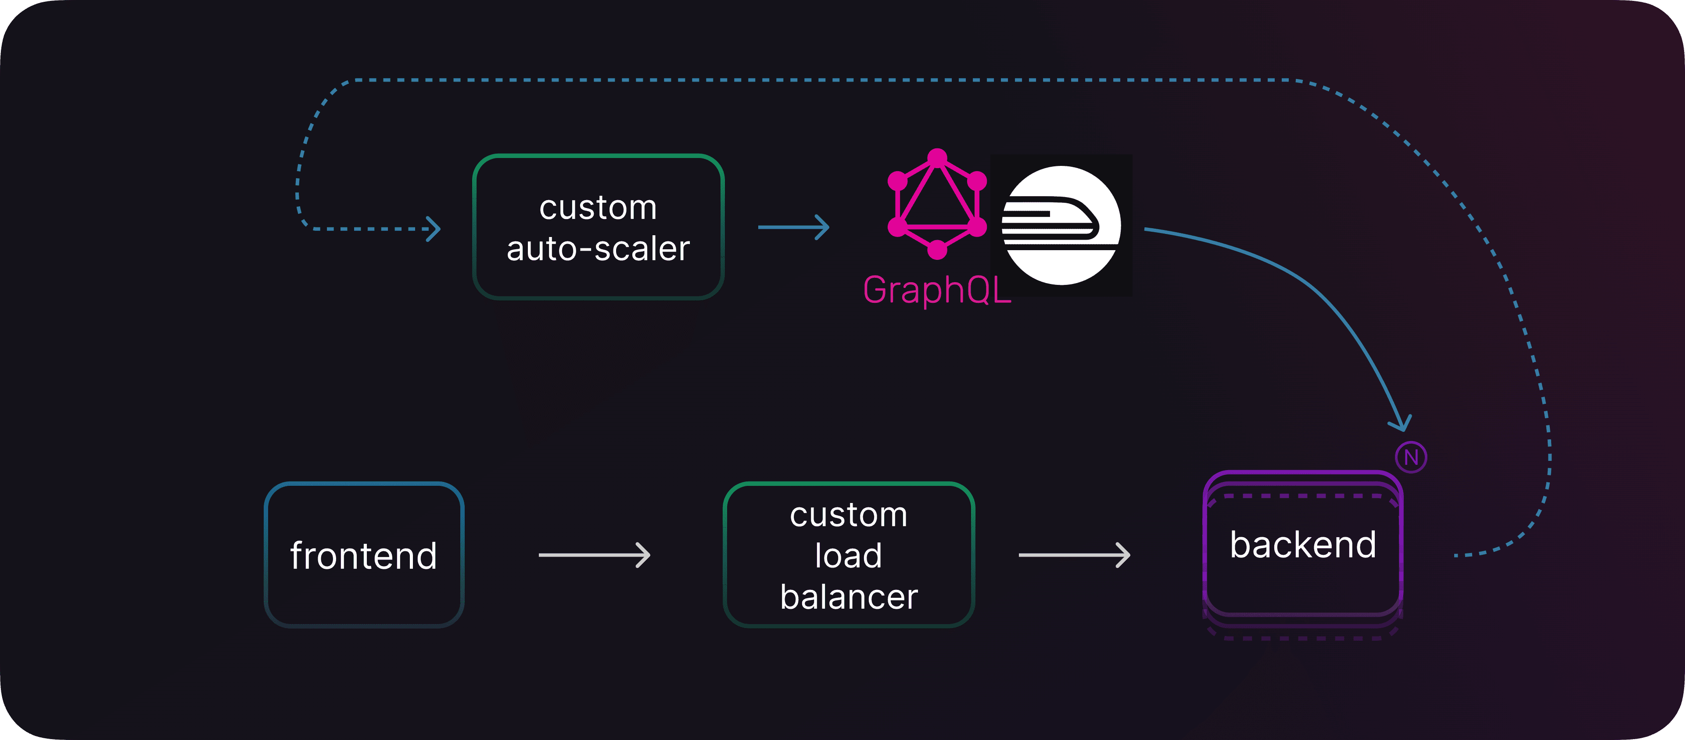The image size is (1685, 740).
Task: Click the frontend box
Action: pyautogui.click(x=364, y=555)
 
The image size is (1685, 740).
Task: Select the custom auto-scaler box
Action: pyautogui.click(x=598, y=227)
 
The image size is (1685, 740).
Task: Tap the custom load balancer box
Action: pyautogui.click(x=848, y=555)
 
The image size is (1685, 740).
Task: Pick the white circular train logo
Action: pyautogui.click(x=1061, y=225)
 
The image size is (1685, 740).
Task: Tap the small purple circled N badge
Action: pyautogui.click(x=1411, y=457)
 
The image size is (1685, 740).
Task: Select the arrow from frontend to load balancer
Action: pyautogui.click(x=594, y=555)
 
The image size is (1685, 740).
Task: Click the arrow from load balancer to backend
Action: pyautogui.click(x=1074, y=555)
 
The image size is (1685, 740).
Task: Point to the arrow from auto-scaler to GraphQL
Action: pyautogui.click(x=793, y=227)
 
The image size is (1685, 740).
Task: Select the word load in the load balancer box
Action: pyautogui.click(x=848, y=556)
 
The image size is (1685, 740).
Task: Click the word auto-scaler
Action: pyautogui.click(x=598, y=248)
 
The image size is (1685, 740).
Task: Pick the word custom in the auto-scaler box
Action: pyautogui.click(x=598, y=208)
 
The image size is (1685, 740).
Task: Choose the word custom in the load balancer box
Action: pyautogui.click(x=848, y=515)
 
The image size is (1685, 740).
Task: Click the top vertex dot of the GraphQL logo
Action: pyautogui.click(x=937, y=158)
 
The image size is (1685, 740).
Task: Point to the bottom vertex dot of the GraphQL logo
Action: pyautogui.click(x=937, y=250)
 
